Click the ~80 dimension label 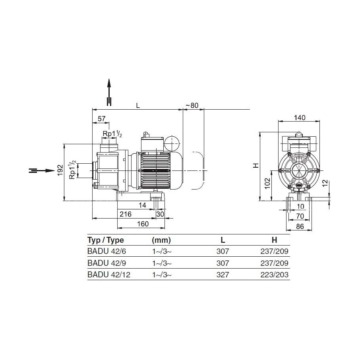click(x=192, y=105)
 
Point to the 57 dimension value click(x=101, y=118)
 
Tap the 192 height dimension click(x=60, y=170)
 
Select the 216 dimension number click(x=126, y=214)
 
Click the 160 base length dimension click(x=143, y=224)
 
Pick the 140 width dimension click(x=300, y=118)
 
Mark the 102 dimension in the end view click(x=268, y=184)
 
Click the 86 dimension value click(x=300, y=226)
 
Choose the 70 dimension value click(x=300, y=216)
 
